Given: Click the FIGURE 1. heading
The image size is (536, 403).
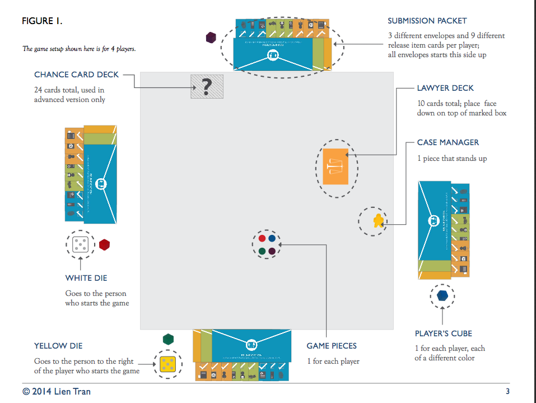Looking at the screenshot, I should tap(42, 21).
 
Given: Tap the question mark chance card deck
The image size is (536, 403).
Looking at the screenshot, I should tap(207, 86).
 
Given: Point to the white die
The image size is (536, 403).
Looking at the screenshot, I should tap(80, 245).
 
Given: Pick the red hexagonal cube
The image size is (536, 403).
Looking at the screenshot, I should tap(105, 245).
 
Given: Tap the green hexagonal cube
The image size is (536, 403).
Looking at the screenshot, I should tap(168, 339).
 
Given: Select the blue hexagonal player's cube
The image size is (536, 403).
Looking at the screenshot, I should tap(442, 295).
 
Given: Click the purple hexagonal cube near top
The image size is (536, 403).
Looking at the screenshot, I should tap(211, 38).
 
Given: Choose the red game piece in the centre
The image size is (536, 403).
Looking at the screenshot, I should tap(262, 238).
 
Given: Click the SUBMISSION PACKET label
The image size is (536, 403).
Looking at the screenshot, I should tap(427, 21).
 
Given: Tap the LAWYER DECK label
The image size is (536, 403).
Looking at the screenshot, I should tap(445, 88).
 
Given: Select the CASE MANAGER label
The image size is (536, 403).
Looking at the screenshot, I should tap(448, 142).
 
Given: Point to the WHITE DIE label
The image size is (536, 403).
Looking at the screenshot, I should tap(86, 278).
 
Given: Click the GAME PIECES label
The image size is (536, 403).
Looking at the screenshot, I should tap(332, 346).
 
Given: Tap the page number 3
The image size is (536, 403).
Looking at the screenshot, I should tap(507, 391).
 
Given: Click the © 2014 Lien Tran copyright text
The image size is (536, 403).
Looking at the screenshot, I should tap(57, 391).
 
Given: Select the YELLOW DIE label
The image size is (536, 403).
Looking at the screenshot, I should tap(58, 346).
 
